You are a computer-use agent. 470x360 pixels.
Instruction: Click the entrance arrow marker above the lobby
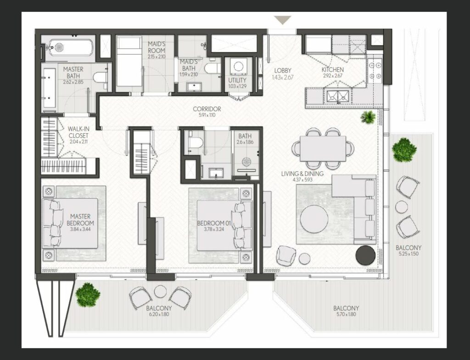(x=282, y=20)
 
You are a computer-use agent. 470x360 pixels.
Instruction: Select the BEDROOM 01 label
(x=214, y=223)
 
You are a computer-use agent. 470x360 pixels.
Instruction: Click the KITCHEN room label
(x=333, y=70)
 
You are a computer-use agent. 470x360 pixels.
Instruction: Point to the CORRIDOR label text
(x=207, y=109)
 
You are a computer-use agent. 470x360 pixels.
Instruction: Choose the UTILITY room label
(x=237, y=80)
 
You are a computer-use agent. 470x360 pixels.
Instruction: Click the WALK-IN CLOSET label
(x=78, y=133)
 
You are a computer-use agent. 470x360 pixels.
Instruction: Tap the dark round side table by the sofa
(x=366, y=255)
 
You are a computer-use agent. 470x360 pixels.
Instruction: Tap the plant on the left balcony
(x=88, y=295)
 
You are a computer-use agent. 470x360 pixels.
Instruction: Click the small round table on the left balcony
(x=160, y=291)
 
